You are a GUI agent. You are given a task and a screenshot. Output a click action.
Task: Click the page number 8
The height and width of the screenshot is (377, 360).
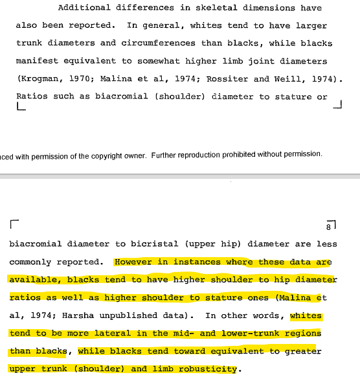329,227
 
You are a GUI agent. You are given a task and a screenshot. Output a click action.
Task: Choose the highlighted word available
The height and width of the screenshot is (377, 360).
34,280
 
